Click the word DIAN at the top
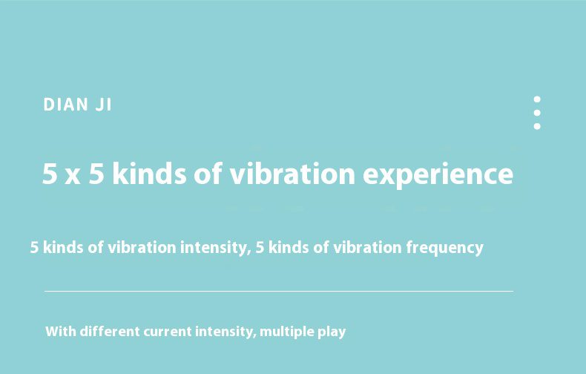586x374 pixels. pos(66,105)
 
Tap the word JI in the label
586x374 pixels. pos(104,105)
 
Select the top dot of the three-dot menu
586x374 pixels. pos(537,99)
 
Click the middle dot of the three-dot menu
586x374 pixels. pos(537,113)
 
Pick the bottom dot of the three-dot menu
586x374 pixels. pos(537,126)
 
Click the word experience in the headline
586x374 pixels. pos(438,175)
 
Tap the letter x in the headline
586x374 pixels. pos(73,176)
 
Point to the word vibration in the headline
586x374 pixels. pos(292,173)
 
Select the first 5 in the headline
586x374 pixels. pos(50,173)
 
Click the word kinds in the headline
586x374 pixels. pos(149,173)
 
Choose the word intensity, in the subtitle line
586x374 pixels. pos(216,248)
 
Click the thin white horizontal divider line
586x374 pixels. pos(279,291)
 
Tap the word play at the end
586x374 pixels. pos(332,332)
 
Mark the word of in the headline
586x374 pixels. pos(208,173)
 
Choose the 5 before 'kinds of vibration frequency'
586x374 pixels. pos(260,248)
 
